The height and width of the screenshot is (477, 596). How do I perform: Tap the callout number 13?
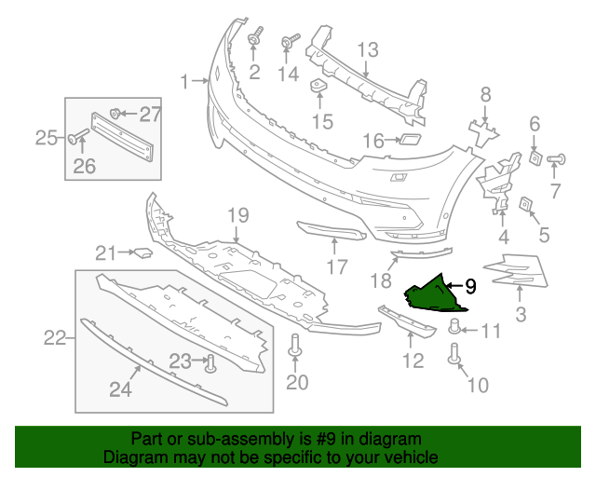pyautogui.click(x=368, y=48)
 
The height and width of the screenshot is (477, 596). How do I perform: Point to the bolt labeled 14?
pyautogui.click(x=288, y=42)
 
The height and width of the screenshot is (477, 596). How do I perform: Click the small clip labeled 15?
pyautogui.click(x=318, y=88)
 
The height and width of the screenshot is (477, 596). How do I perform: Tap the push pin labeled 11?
pyautogui.click(x=456, y=326)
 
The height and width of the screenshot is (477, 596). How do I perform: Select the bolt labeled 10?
pyautogui.click(x=455, y=354)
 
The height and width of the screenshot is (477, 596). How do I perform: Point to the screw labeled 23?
pyautogui.click(x=210, y=363)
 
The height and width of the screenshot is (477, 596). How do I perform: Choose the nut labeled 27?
pyautogui.click(x=115, y=114)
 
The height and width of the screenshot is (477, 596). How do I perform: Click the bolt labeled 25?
pyautogui.click(x=72, y=140)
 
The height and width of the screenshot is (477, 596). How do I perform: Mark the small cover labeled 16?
pyautogui.click(x=407, y=142)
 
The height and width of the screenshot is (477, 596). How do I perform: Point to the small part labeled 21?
pyautogui.click(x=142, y=251)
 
